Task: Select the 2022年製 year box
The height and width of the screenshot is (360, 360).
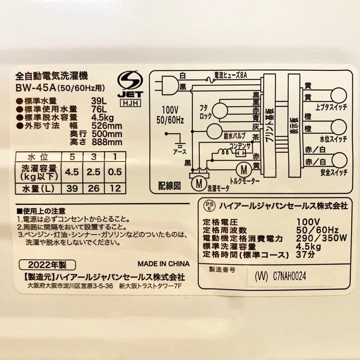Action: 48,265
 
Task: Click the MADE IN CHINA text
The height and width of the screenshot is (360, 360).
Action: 164,264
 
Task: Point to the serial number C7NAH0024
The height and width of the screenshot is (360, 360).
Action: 289,276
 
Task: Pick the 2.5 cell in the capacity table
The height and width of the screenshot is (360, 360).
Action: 94,172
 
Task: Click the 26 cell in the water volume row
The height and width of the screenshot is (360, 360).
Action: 94,189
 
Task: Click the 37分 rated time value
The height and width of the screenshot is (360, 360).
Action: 305,255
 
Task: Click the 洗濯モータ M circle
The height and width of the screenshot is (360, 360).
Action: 199,183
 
